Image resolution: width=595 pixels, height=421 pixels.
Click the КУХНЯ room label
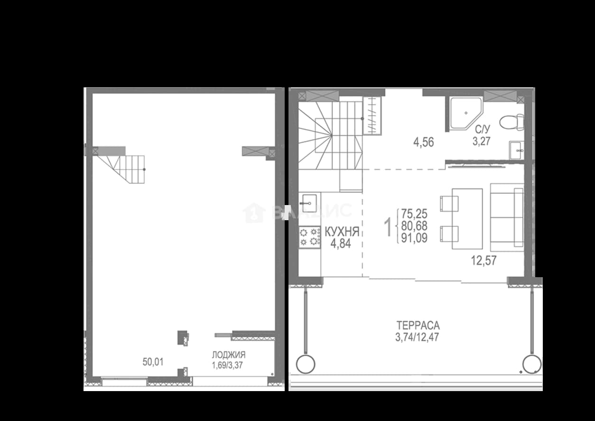(x=342, y=232)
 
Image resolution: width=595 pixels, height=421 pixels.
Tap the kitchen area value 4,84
(x=341, y=243)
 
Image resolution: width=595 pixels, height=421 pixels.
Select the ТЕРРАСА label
(x=418, y=325)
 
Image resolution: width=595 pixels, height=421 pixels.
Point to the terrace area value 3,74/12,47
(x=417, y=337)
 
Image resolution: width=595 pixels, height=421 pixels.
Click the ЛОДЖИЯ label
(x=229, y=355)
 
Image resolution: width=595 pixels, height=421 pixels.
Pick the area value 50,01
(x=153, y=362)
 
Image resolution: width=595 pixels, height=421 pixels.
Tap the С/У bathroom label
(x=483, y=130)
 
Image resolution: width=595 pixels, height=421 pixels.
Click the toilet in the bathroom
(x=511, y=122)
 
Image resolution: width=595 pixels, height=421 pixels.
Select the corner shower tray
(x=465, y=113)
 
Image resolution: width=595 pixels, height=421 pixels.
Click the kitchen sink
(x=309, y=203)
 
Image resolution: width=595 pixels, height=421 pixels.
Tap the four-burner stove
(x=309, y=237)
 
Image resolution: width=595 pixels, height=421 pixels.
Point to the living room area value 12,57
(x=483, y=261)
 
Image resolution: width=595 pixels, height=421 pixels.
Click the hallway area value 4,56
(x=423, y=142)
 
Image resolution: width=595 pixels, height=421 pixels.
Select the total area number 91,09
(x=414, y=238)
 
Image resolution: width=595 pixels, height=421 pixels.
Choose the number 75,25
(x=414, y=214)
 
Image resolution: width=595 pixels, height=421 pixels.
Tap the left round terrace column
(x=306, y=364)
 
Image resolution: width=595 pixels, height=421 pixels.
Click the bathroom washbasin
(x=516, y=150)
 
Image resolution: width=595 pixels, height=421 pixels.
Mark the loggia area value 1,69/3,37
(x=227, y=365)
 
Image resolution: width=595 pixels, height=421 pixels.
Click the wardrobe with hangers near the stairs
(x=372, y=116)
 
